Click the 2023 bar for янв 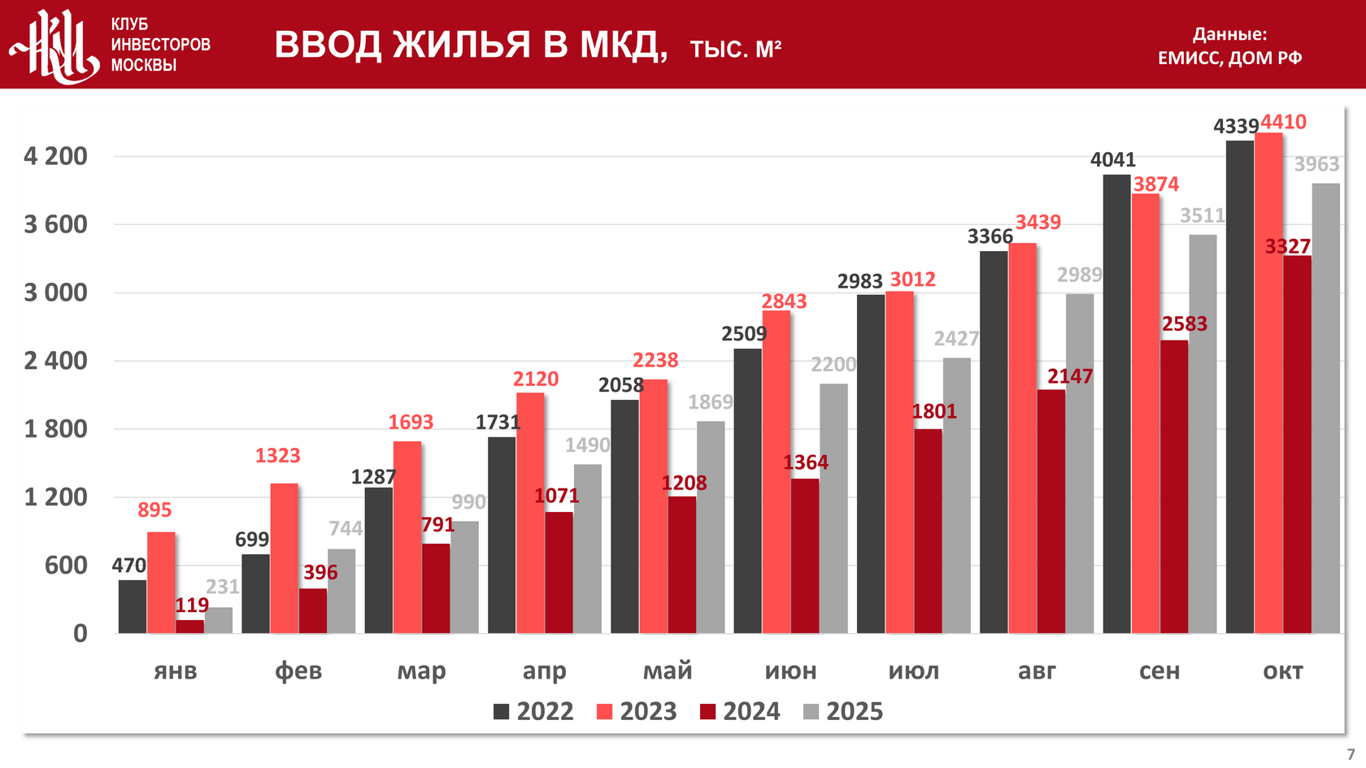(x=161, y=583)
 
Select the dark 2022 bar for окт (x=1240, y=387)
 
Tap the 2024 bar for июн (x=805, y=556)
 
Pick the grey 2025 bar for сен (x=1203, y=434)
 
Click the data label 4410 (x=1283, y=122)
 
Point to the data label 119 (x=192, y=605)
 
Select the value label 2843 (x=784, y=302)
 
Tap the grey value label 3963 (x=1316, y=164)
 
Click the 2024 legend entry (x=740, y=712)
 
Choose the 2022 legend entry (x=533, y=712)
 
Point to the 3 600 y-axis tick (x=55, y=224)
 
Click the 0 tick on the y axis (x=80, y=633)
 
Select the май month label (x=668, y=671)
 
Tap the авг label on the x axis (x=1037, y=671)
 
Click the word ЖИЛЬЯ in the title (x=462, y=45)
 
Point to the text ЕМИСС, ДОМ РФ (x=1229, y=58)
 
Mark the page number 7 (x=1351, y=754)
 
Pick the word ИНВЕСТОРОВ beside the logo (x=160, y=45)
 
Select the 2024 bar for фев (x=313, y=610)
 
